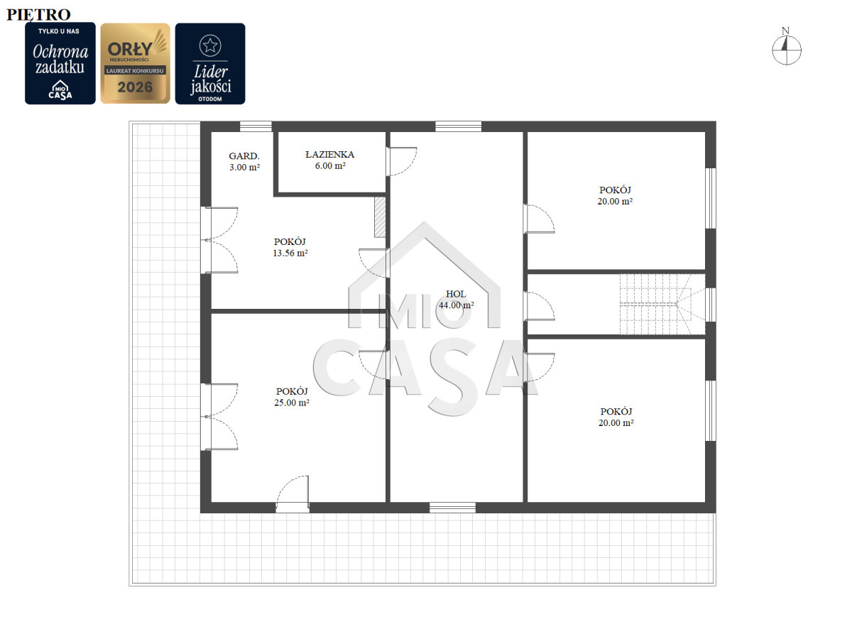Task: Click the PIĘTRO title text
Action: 38,15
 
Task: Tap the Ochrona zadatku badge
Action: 60,63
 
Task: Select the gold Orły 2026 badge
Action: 135,63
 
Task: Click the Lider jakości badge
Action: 210,64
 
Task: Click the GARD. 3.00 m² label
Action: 244,161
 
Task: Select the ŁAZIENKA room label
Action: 330,154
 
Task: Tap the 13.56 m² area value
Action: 290,253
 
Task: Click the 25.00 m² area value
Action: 292,403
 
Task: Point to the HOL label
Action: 456,294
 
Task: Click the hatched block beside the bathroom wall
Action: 380,217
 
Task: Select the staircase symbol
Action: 662,305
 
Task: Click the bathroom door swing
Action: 403,162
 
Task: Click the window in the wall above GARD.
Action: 256,126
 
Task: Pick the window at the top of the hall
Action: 458,126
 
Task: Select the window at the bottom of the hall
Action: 452,508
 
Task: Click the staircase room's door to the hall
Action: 539,306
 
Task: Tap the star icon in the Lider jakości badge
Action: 210,45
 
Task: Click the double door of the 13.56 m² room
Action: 219,240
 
